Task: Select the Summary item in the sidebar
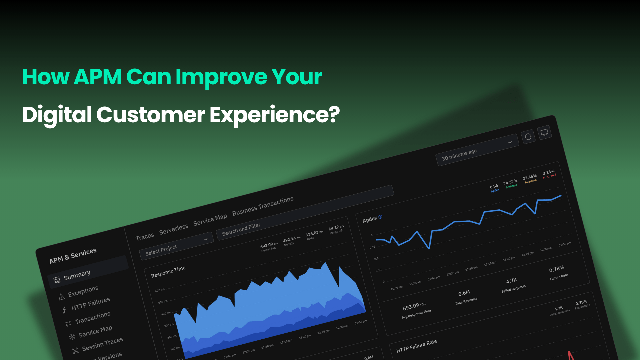77,275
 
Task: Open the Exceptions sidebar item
83,291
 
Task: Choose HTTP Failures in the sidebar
90,304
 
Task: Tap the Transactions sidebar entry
92,318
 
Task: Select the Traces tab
145,237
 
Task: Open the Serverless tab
173,229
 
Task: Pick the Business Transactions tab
263,206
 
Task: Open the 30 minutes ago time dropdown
477,150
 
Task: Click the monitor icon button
544,132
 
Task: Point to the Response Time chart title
168,272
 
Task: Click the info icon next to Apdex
380,217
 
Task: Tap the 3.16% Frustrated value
549,174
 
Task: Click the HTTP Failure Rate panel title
416,346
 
